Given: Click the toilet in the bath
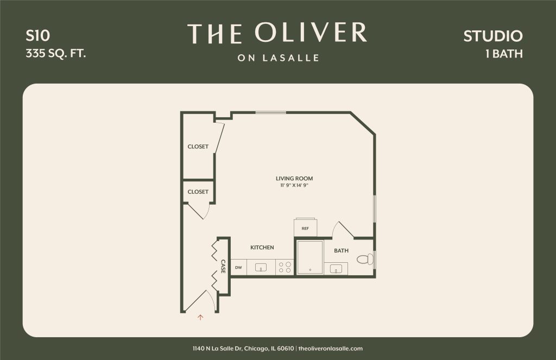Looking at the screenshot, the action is [x=365, y=259].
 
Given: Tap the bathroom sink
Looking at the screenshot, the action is [x=336, y=269].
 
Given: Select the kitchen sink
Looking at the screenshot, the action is [x=261, y=268].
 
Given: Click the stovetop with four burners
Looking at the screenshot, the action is [x=285, y=267].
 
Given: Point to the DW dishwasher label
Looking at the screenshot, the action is [x=238, y=268].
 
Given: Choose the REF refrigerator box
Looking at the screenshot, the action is [x=305, y=228].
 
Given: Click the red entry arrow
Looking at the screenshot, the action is [x=200, y=318].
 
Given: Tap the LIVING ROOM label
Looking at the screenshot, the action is [x=294, y=179].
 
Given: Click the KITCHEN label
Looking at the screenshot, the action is [x=262, y=247].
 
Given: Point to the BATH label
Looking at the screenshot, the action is [x=341, y=250].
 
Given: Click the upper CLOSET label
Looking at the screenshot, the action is [x=198, y=147].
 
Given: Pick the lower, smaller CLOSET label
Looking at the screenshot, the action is [x=198, y=192].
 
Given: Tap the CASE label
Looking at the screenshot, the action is [x=223, y=267].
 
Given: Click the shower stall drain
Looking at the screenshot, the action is [x=310, y=270].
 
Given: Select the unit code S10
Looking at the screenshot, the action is [x=37, y=35].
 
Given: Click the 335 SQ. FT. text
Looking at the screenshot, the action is [x=56, y=53].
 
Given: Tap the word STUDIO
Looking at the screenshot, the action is [x=493, y=36].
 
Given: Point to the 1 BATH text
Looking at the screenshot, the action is [x=504, y=54].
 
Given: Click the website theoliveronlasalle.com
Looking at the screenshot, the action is [x=331, y=348].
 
